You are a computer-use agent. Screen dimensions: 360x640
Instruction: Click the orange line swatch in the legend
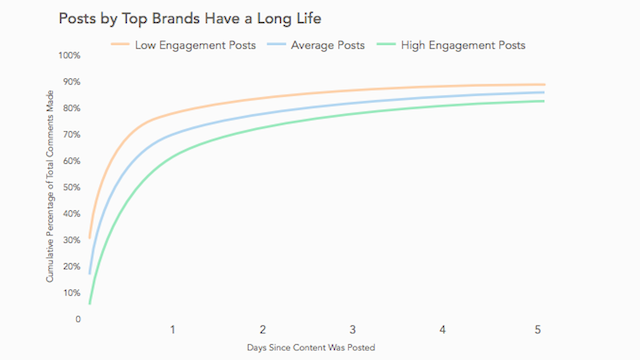coord(122,45)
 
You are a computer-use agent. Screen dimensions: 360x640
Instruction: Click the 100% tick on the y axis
coord(69,55)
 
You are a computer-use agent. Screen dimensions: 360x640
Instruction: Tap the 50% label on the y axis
coord(71,187)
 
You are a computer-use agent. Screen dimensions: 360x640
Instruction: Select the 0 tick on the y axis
coord(77,319)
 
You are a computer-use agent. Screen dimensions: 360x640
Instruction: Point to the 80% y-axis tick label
coord(71,108)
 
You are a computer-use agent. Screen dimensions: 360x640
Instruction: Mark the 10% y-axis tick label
coord(71,293)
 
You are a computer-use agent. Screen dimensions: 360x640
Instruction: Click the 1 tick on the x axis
coord(173,330)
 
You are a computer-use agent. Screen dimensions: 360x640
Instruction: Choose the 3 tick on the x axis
coord(353,330)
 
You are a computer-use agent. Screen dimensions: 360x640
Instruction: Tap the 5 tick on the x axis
coord(537,330)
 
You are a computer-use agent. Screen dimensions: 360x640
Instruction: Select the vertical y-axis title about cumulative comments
coord(49,187)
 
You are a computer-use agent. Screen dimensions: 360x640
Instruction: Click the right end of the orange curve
coord(544,84)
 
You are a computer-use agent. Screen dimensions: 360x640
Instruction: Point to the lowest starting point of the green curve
coord(90,303)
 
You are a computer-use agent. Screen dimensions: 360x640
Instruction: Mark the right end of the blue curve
coord(544,92)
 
